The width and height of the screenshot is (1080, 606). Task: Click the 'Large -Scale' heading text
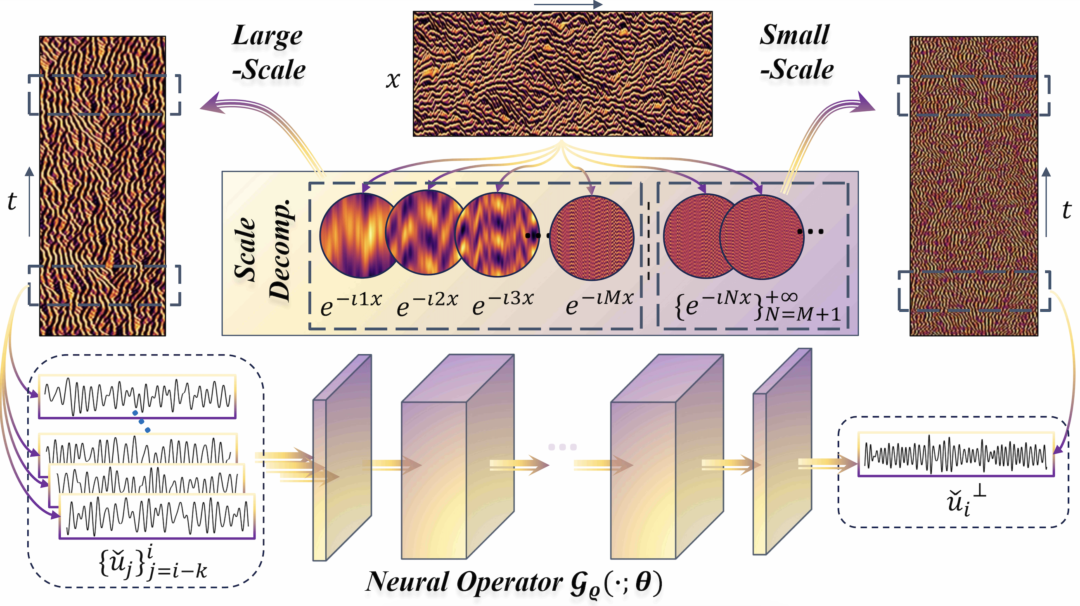tap(268, 52)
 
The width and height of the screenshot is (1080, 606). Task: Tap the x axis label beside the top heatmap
tap(393, 79)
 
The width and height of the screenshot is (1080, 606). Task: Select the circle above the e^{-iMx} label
tap(592, 238)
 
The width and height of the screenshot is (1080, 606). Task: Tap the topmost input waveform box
tap(137, 396)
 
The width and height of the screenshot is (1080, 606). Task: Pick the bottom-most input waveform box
tap(157, 517)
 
